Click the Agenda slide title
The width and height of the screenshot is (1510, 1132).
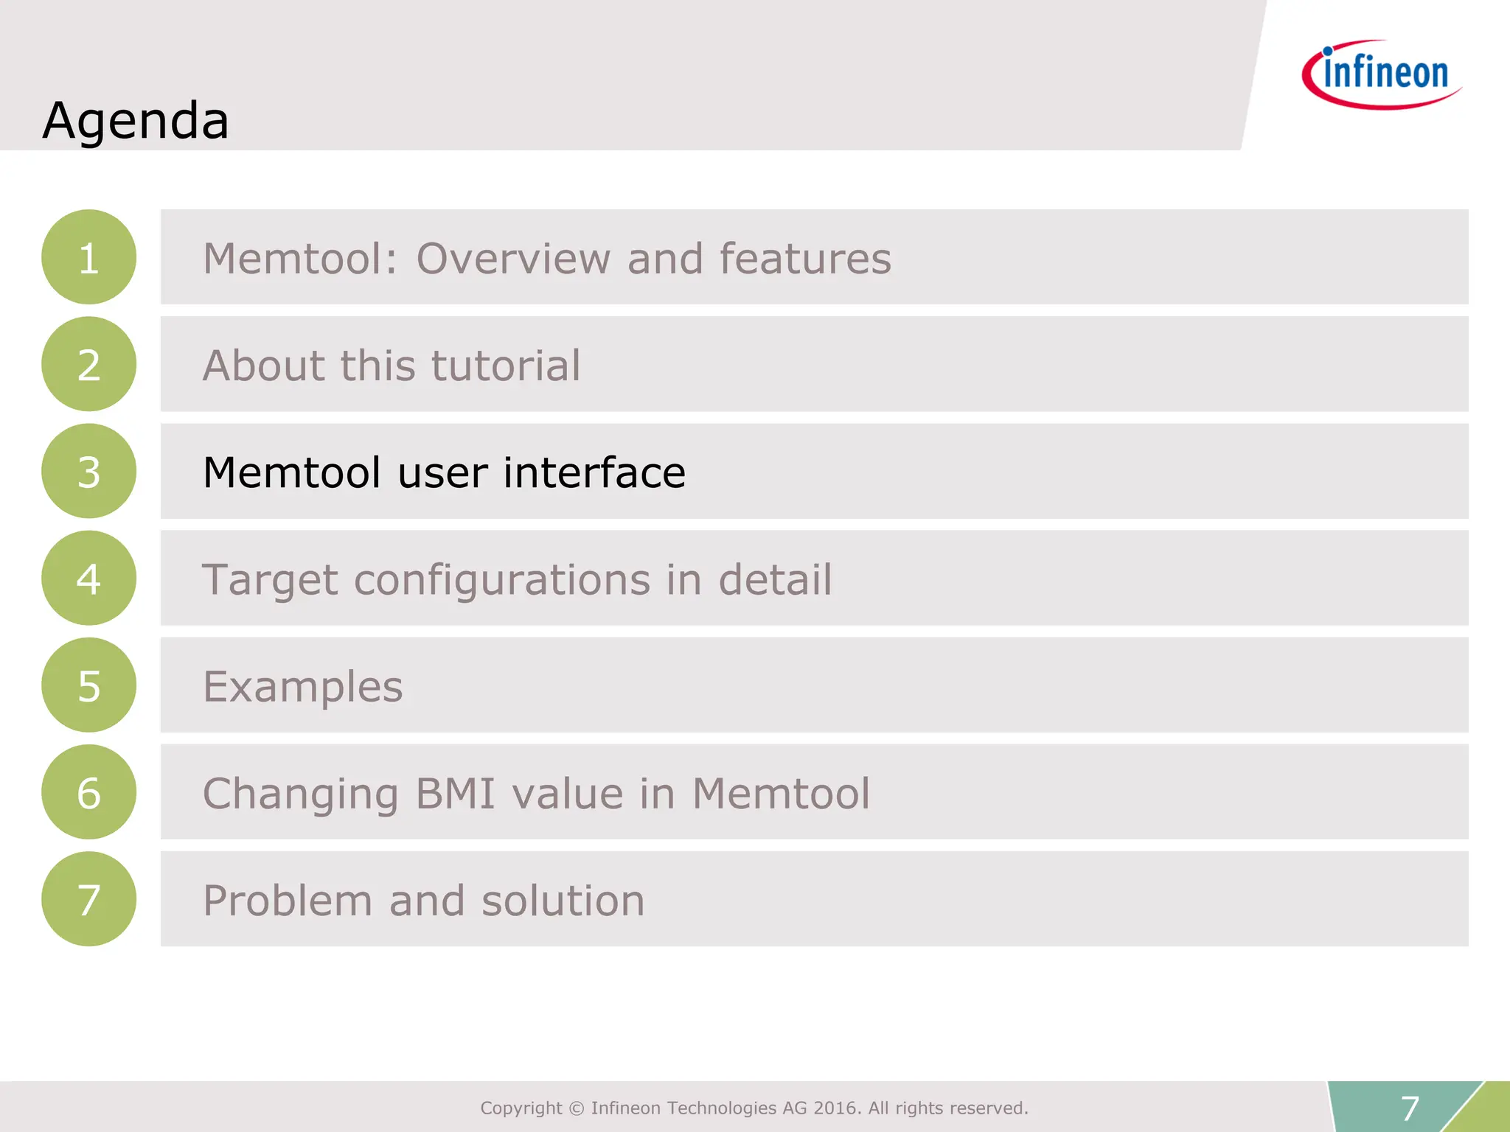point(136,120)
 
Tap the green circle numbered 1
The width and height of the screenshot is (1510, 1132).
point(88,257)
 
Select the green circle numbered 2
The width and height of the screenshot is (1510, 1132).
point(88,364)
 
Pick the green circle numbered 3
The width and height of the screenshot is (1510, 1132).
point(88,471)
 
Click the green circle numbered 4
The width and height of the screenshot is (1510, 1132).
point(88,578)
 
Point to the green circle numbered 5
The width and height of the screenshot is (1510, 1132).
point(88,685)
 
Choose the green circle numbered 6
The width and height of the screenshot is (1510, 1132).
point(88,792)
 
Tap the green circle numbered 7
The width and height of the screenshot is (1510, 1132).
point(88,899)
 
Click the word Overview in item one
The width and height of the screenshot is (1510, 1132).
point(513,259)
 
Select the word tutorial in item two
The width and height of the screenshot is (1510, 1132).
point(506,366)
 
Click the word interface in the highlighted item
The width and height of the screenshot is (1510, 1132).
point(594,472)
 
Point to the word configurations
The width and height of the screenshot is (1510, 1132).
point(501,580)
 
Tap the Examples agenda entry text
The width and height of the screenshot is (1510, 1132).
point(303,687)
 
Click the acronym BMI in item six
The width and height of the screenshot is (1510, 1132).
point(455,794)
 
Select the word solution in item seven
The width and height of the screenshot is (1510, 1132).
point(563,901)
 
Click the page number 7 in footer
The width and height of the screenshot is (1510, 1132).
point(1410,1108)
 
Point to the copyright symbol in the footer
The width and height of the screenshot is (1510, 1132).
point(577,1108)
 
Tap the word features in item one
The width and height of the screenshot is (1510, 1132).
point(805,259)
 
